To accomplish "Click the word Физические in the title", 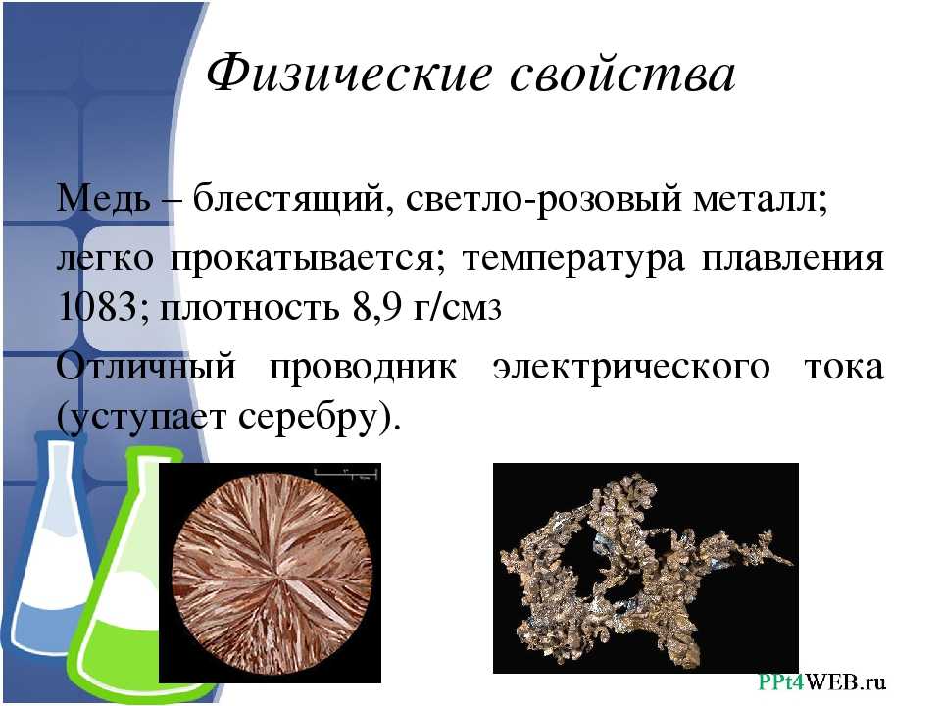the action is [x=349, y=74].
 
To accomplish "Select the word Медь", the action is [x=103, y=197].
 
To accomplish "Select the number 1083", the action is [x=98, y=307].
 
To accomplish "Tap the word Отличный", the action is [x=146, y=366].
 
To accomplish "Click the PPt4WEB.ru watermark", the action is [x=822, y=682].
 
